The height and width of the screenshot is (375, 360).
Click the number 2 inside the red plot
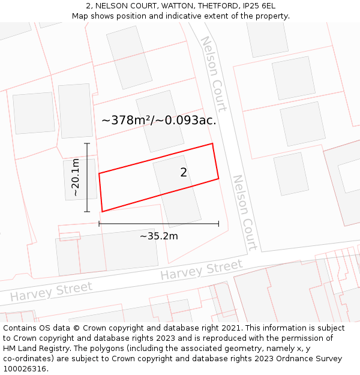(x=184, y=173)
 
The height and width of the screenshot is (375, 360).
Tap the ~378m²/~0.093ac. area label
(x=159, y=120)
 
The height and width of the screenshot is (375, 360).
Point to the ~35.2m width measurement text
(x=159, y=236)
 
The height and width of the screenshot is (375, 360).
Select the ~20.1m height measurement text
(x=76, y=178)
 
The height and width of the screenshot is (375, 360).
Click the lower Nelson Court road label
(x=245, y=212)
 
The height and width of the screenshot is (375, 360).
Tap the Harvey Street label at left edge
(x=51, y=292)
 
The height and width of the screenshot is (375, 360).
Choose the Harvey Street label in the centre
(x=201, y=271)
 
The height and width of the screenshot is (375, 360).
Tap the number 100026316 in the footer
(x=23, y=369)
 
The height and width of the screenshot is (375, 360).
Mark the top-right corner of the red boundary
(x=212, y=143)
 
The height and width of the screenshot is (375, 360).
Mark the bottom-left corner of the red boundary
(x=102, y=211)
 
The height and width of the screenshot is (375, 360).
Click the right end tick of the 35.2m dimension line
(x=218, y=224)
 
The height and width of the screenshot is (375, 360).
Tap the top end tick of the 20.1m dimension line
(x=87, y=143)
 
